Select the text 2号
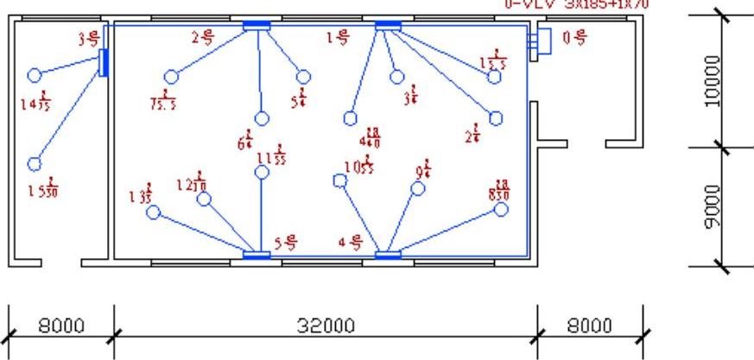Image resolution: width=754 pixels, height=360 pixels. coord(202,36)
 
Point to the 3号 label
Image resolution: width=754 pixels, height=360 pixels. coord(88,38)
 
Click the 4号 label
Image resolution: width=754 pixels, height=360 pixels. coord(349,243)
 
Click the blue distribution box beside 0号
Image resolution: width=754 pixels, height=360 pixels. coord(543,40)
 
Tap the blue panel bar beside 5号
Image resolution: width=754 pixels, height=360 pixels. coord(257,255)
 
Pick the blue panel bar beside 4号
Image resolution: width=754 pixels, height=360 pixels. coord(388,255)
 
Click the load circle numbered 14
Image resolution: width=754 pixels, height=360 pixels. coord(34,75)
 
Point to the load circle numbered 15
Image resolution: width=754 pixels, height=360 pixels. coord(35,164)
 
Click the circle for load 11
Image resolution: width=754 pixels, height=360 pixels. coord(263,172)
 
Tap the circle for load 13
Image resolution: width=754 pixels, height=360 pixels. coord(153,212)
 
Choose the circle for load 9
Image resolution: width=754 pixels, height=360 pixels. coord(419,188)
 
